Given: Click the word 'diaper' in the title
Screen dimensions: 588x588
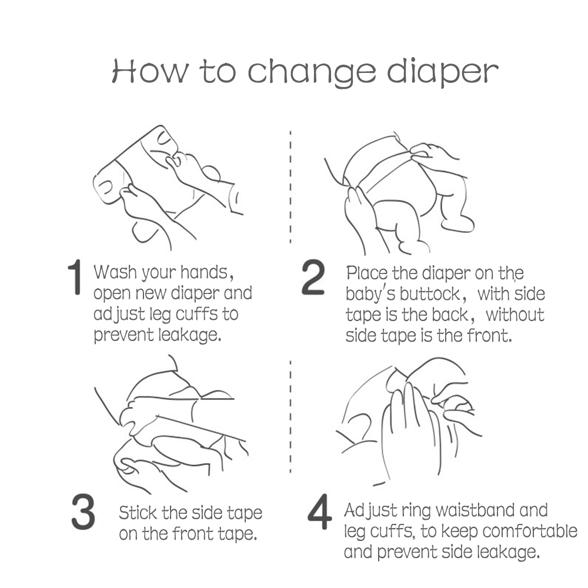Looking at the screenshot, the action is [443, 73].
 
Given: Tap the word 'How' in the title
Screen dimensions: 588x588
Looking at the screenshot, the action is [151, 71].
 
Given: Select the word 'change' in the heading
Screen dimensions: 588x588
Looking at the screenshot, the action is [312, 73].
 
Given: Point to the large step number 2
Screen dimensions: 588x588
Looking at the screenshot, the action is [313, 277].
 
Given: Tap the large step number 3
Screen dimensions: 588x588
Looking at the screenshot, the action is [83, 512].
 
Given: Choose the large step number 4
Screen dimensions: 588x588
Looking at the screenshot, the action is [319, 512].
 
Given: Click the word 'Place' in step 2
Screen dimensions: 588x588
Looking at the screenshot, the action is [367, 273].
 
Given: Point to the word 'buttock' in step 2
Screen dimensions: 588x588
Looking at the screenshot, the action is [430, 294].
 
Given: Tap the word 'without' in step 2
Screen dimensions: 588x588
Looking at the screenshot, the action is [515, 315].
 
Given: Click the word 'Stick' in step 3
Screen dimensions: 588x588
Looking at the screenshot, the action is [137, 513].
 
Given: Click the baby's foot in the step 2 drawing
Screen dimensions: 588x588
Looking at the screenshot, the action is [457, 223].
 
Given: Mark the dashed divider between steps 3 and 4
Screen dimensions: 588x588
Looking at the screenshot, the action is [290, 417].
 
